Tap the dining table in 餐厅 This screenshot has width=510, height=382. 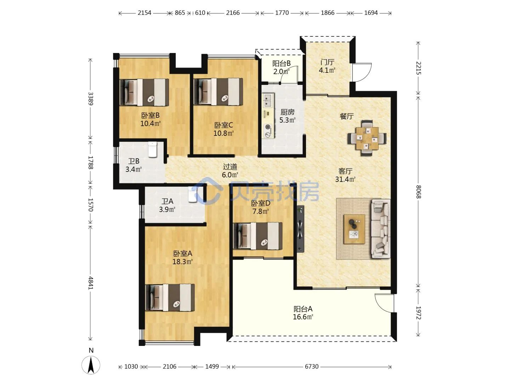pos(367,138)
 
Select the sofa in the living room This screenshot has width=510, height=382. pos(381,229)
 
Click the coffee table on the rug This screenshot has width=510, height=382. pos(354,229)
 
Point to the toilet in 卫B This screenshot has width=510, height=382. pos(153,149)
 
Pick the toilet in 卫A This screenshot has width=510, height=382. pos(193,195)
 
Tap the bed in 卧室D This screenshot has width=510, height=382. pos(258,236)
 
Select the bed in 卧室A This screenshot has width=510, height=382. pos(170,297)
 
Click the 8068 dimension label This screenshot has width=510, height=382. pos(418,192)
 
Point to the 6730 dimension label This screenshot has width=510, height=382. pos(312,367)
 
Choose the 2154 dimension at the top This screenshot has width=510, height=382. pos(144,13)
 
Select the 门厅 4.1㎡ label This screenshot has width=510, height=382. pos(327,66)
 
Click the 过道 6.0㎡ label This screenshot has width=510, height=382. pos(230,171)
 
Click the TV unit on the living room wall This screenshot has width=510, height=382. pos(300,229)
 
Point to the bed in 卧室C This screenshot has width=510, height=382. pos(218,92)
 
